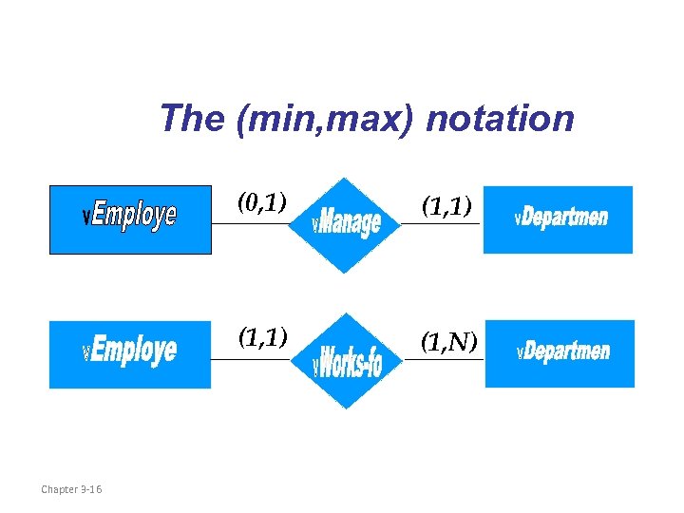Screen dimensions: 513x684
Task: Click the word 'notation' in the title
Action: tap(501, 120)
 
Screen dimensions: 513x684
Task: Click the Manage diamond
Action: tap(348, 225)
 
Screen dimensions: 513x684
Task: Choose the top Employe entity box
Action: tap(130, 219)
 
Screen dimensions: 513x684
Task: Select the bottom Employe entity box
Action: tap(130, 354)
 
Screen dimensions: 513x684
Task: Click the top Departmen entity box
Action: tap(558, 219)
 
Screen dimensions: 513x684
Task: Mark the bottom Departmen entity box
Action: tap(560, 353)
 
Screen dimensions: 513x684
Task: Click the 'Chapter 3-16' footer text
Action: tap(72, 489)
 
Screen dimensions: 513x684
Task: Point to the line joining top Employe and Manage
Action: tap(249, 224)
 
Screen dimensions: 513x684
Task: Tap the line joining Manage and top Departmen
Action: tap(442, 224)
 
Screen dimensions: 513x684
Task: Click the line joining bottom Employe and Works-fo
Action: tap(249, 360)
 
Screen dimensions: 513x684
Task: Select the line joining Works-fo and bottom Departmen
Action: tap(445, 360)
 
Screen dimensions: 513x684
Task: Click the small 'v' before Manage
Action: tap(316, 226)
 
